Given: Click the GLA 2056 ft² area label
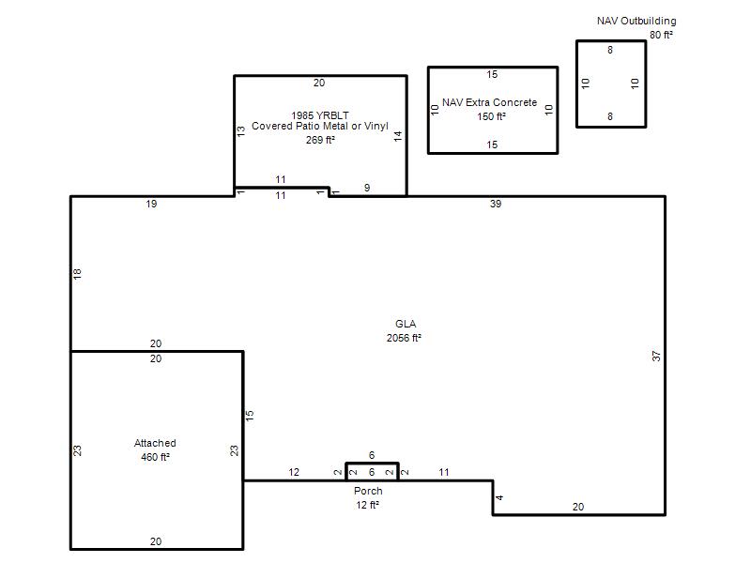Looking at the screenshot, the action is click(405, 331).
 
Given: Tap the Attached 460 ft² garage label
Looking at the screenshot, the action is click(155, 450).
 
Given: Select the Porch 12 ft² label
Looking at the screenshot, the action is click(368, 498).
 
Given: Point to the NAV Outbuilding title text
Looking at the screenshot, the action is click(636, 21).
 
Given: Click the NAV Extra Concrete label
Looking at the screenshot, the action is click(489, 102).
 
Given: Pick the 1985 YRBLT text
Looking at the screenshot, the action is click(320, 115).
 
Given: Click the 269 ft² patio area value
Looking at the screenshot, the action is click(320, 140).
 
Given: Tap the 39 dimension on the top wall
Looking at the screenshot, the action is click(496, 204).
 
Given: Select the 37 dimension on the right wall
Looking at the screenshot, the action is click(656, 357).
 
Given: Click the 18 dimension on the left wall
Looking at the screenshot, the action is click(77, 274).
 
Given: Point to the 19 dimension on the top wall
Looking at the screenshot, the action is click(151, 204).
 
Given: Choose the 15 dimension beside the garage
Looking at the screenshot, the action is click(249, 416).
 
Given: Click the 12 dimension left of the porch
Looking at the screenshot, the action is click(294, 473).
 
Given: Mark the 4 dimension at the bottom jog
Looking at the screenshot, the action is click(499, 498).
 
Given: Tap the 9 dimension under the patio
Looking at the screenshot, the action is click(367, 188).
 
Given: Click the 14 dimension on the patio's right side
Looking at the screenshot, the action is click(398, 136).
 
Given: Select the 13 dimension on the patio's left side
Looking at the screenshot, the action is click(241, 130).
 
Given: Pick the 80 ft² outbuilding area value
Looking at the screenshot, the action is click(662, 35).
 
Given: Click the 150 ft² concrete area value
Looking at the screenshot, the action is click(491, 116).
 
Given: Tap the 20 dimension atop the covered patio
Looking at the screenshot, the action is click(319, 83).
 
